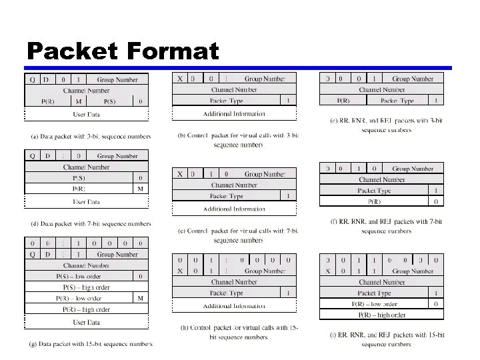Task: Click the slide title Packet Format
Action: [123, 51]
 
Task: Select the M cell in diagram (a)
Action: [79, 101]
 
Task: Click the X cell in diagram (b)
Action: [180, 79]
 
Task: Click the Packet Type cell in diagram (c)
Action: [397, 101]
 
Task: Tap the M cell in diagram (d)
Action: [141, 189]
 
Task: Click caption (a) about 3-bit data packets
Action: [91, 137]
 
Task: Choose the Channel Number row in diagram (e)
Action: [234, 185]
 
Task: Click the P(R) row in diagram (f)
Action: [374, 201]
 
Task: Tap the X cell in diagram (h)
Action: [180, 271]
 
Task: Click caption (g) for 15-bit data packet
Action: [91, 344]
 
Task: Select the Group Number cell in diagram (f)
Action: [412, 169]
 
